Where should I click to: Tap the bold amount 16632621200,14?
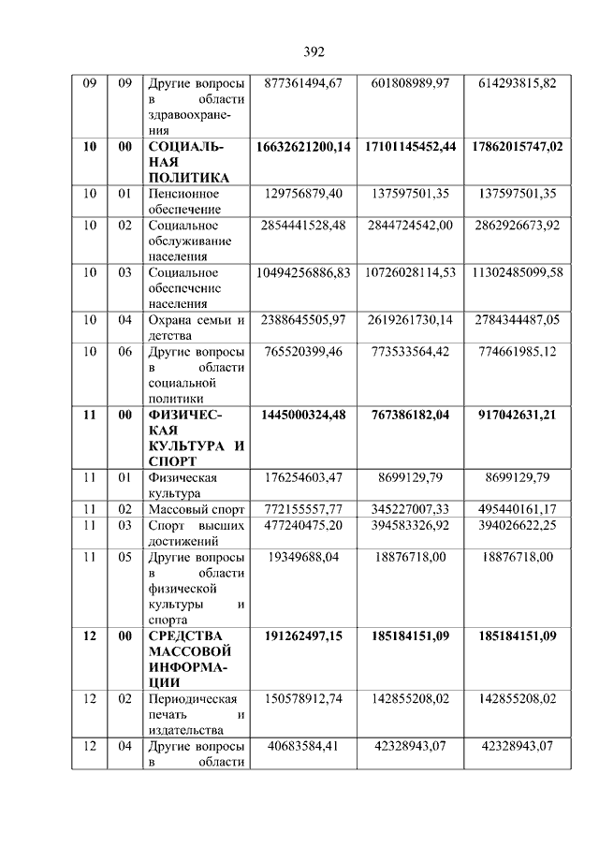point(303,147)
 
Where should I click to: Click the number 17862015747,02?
point(518,147)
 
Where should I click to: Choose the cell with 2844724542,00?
point(410,226)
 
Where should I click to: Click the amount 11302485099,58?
point(518,272)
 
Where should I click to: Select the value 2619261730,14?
point(410,320)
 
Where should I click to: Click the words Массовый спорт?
point(195,509)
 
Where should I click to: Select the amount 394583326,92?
point(410,525)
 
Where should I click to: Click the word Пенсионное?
point(183,194)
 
